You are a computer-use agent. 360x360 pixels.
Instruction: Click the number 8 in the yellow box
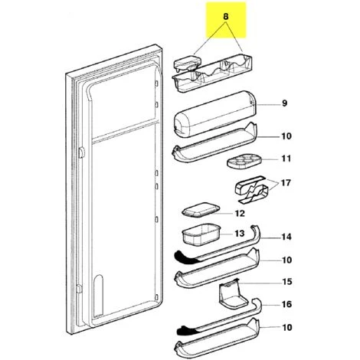226,17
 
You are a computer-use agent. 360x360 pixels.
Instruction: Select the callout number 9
284,103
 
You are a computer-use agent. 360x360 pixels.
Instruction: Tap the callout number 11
286,159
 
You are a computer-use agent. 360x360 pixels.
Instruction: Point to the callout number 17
286,183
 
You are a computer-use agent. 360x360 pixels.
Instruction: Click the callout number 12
240,213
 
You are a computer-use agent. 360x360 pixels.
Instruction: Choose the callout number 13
240,234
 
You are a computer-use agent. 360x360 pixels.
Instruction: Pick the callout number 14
286,237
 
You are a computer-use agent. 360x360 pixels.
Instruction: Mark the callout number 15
286,282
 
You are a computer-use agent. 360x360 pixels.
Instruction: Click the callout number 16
286,304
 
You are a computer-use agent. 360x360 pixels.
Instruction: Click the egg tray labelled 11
243,162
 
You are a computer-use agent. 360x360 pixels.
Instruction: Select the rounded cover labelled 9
214,114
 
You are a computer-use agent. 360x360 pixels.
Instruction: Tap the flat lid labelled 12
201,210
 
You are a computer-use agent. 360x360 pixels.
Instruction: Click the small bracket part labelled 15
232,293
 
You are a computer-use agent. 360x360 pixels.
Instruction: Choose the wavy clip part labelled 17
251,189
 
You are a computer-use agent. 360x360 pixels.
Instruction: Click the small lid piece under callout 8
187,63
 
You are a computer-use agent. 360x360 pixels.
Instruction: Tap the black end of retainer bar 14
186,256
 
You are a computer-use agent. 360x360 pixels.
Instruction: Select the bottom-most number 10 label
286,327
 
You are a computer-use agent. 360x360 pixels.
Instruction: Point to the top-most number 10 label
286,136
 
